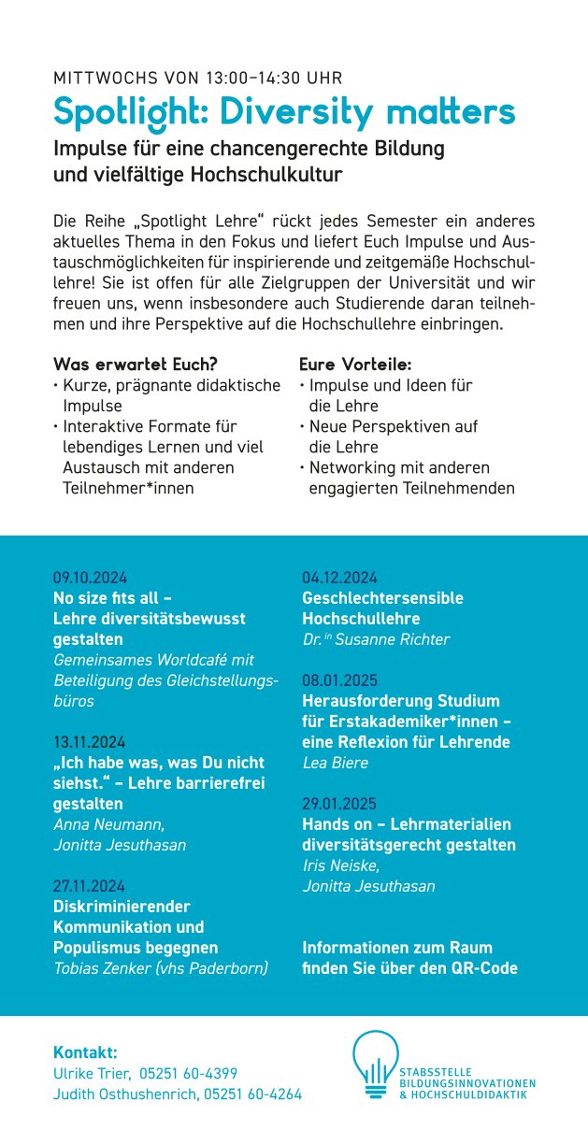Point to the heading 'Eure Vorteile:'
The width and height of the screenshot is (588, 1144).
pyautogui.click(x=355, y=365)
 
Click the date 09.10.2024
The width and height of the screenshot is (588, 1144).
pyautogui.click(x=90, y=577)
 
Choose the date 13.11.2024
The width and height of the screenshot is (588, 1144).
pyautogui.click(x=90, y=743)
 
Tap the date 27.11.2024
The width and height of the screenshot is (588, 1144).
pyautogui.click(x=90, y=886)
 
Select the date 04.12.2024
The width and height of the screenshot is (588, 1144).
pyautogui.click(x=338, y=577)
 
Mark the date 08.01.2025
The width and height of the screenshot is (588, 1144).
pyautogui.click(x=338, y=679)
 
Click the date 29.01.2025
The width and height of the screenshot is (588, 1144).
pyautogui.click(x=338, y=804)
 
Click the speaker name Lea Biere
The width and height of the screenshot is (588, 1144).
pyautogui.click(x=336, y=763)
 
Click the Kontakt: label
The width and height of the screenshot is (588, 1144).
pyautogui.click(x=85, y=1052)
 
